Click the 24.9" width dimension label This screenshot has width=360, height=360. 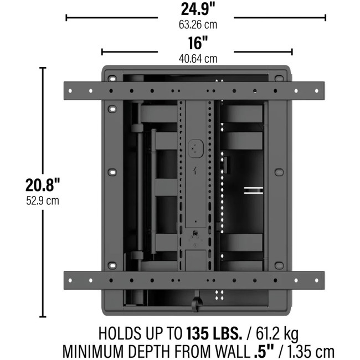(198, 9)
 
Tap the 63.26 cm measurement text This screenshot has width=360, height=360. (198, 24)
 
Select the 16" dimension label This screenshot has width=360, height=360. (198, 43)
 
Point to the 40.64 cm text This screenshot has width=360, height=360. (198, 59)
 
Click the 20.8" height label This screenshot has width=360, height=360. (43, 185)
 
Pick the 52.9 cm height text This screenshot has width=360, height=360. (43, 200)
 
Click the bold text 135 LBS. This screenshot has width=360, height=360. (214, 333)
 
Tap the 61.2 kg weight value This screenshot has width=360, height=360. (277, 334)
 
